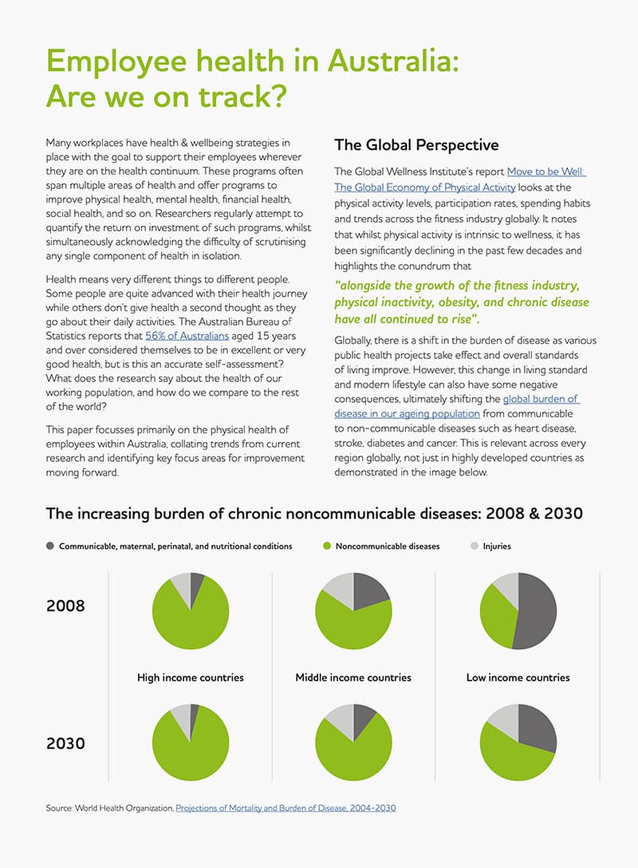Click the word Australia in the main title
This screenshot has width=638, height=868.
(393, 61)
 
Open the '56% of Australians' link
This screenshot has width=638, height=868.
(187, 336)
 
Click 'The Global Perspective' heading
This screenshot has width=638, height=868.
(416, 145)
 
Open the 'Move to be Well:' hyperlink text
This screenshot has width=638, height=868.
(546, 172)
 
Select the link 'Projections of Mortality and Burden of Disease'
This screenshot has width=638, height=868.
(286, 808)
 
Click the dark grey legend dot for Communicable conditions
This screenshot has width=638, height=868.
(50, 546)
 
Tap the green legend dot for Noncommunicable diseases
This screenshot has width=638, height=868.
(327, 546)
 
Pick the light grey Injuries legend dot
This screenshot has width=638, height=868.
(475, 546)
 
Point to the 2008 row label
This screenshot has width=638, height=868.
(66, 606)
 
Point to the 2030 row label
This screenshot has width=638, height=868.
(66, 743)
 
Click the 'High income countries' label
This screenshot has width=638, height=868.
(191, 677)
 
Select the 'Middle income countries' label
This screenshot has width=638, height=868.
(353, 677)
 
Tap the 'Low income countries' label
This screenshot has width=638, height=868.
(518, 677)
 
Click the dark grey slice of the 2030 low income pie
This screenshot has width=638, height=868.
(537, 726)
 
